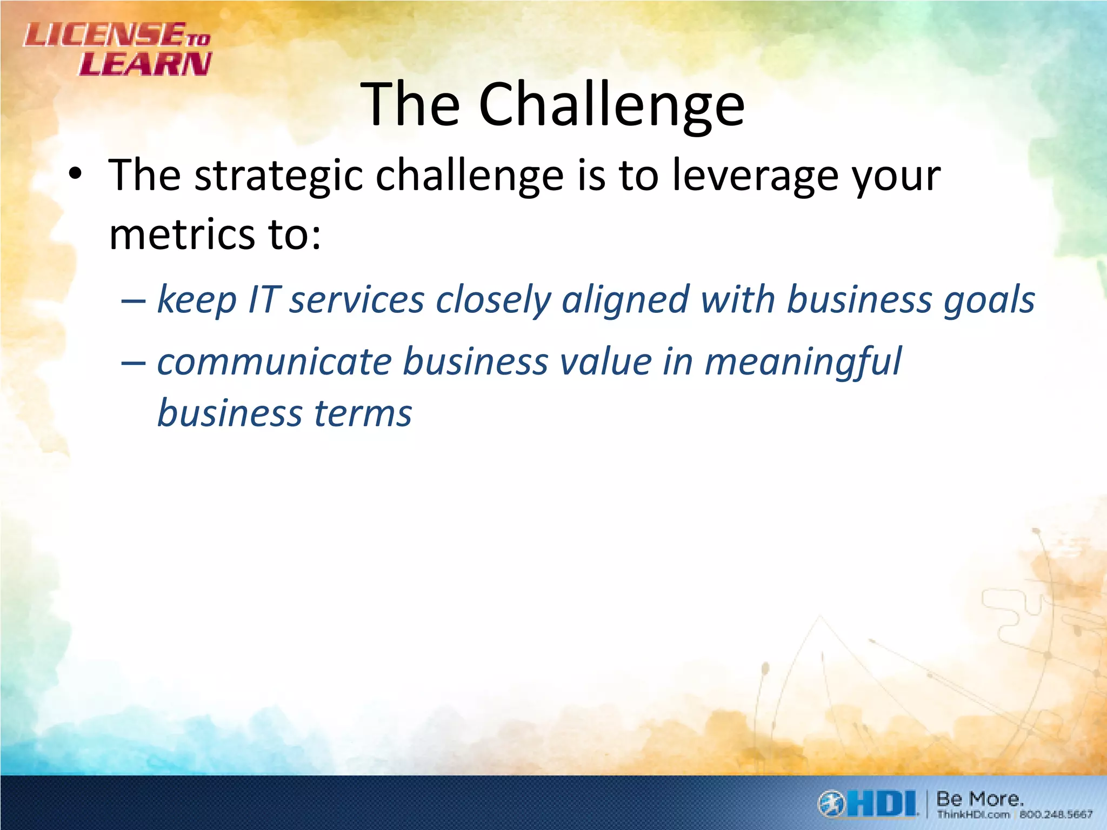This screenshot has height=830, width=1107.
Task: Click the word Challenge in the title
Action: point(611,105)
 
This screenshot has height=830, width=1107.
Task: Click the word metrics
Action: point(182,235)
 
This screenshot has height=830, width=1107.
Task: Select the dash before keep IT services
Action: point(134,300)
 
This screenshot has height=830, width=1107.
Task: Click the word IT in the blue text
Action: point(263,299)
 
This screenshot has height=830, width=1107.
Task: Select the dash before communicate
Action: point(134,363)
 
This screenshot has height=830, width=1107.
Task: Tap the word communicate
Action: point(274,362)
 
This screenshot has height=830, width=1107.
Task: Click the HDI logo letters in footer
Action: point(881,804)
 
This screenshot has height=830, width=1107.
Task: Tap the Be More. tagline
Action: point(979,798)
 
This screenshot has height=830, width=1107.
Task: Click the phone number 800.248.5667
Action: point(1056,814)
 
